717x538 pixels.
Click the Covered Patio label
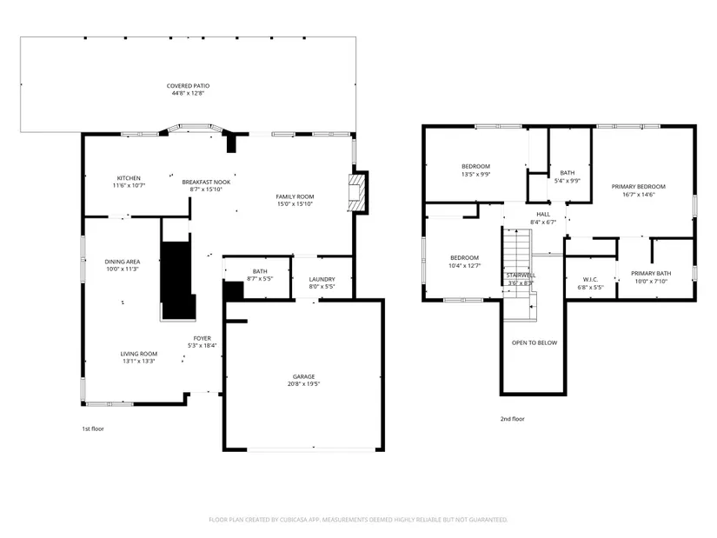(x=188, y=85)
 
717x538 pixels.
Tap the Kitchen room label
(x=129, y=178)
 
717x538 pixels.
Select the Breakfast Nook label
(x=206, y=182)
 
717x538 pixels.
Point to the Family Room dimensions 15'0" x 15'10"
(x=295, y=204)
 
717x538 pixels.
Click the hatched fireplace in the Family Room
(x=356, y=193)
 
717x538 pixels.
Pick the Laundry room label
(x=322, y=279)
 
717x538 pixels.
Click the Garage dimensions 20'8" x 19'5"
(x=303, y=384)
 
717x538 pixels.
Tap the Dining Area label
(x=123, y=262)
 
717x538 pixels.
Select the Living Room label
(x=138, y=354)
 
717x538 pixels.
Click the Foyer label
(x=202, y=339)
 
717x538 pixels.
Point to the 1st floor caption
(x=93, y=428)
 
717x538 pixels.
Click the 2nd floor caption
(x=512, y=419)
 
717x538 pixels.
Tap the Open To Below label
(x=534, y=342)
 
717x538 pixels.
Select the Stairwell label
(x=521, y=276)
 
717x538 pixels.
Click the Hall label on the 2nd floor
(x=543, y=214)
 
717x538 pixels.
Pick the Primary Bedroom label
(x=639, y=187)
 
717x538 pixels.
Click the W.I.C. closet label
(x=590, y=280)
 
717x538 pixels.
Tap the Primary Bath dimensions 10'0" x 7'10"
(x=651, y=281)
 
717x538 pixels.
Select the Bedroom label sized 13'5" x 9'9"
(x=475, y=167)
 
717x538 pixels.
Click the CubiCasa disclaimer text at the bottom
(x=358, y=520)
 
